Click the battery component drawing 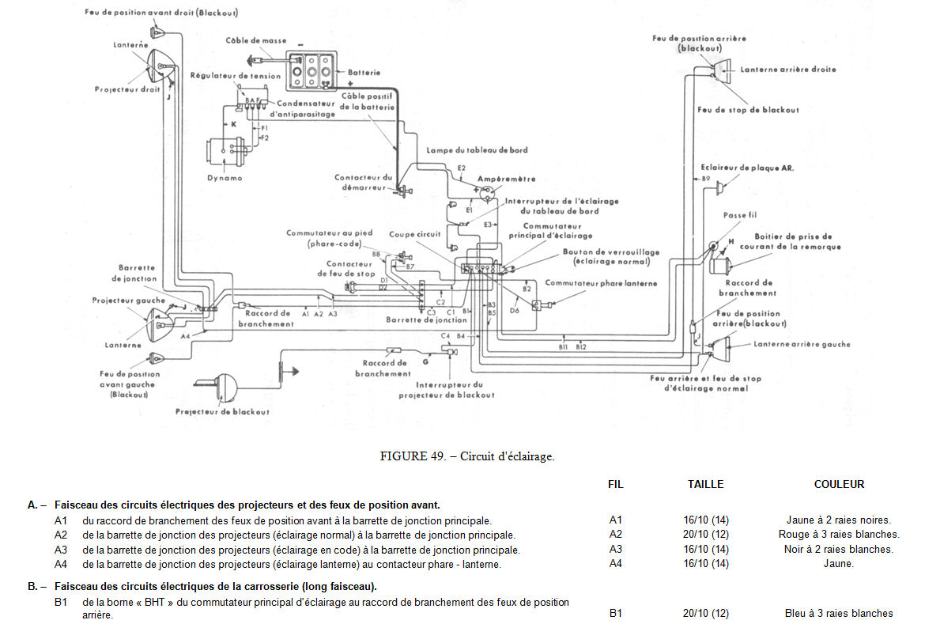pos(312,72)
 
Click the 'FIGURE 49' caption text pos(467,456)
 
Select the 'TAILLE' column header pos(705,484)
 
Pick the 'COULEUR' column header pos(839,484)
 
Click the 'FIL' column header pos(616,484)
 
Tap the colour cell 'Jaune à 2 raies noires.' pos(839,520)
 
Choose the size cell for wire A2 pos(705,535)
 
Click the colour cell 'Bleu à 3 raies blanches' pos(839,613)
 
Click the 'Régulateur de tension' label pos(236,76)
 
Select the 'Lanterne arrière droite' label pos(787,70)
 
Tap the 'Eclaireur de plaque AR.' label pos(747,168)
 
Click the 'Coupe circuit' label pos(414,235)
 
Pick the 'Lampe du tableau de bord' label pos(477,150)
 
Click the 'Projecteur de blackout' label pos(222,412)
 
